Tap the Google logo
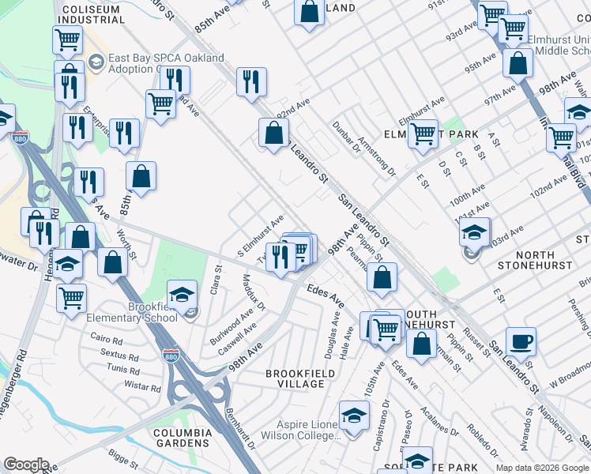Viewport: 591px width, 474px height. pyautogui.click(x=26, y=465)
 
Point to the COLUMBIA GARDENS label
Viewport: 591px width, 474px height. pyautogui.click(x=183, y=438)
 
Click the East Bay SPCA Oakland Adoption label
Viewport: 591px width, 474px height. pyautogui.click(x=166, y=64)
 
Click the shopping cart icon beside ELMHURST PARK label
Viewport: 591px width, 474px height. pyautogui.click(x=423, y=134)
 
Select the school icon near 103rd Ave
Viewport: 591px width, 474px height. pyautogui.click(x=474, y=233)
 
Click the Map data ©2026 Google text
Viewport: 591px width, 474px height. pyautogui.click(x=542, y=468)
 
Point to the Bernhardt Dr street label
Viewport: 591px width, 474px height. pyautogui.click(x=240, y=427)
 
